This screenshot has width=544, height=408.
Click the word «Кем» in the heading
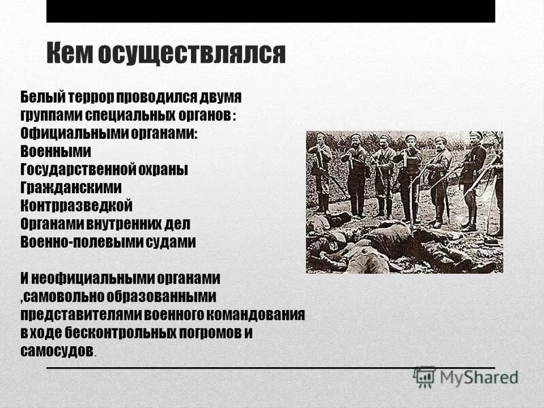tap(71, 53)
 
